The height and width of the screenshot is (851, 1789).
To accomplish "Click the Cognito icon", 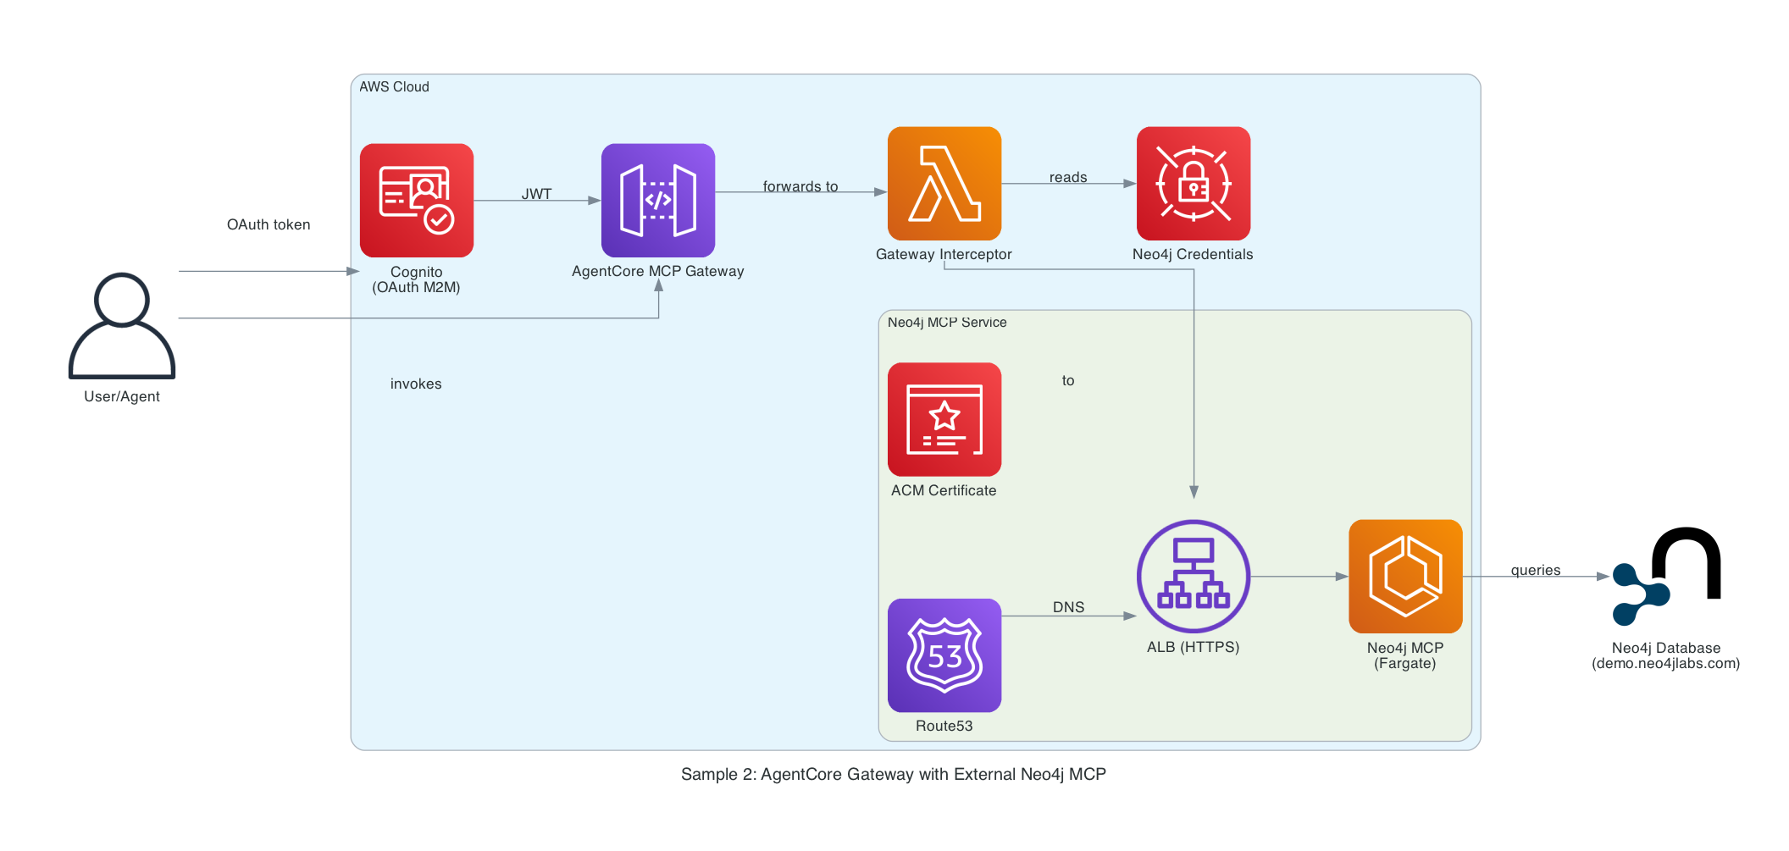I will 417,201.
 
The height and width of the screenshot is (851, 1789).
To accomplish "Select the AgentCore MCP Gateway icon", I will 658,201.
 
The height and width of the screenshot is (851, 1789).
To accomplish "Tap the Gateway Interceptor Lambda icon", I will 944,184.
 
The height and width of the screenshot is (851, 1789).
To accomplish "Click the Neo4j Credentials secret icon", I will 1194,184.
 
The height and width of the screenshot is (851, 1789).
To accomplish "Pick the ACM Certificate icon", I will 944,420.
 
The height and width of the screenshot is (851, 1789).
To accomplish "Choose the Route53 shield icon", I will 944,655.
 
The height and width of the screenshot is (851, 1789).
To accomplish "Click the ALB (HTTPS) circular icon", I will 1194,577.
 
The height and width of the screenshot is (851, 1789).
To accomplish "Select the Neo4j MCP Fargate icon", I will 1405,577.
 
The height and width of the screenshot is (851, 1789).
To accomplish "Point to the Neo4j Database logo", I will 1666,577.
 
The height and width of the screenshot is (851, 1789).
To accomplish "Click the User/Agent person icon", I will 122,326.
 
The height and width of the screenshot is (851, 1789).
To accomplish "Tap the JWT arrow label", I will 536,194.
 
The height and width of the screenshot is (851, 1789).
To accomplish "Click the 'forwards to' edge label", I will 800,186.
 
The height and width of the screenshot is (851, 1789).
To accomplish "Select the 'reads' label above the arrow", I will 1068,177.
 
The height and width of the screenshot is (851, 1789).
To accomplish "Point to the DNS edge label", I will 1068,607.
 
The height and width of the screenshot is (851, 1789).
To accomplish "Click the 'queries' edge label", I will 1536,570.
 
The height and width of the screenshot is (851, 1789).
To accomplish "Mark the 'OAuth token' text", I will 269,224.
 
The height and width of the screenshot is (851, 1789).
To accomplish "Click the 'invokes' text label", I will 416,384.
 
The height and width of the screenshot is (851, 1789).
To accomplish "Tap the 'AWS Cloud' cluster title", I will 394,86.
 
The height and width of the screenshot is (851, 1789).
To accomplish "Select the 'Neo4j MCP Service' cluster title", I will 947,323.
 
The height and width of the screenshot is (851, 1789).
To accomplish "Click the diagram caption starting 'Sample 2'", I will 894,774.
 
